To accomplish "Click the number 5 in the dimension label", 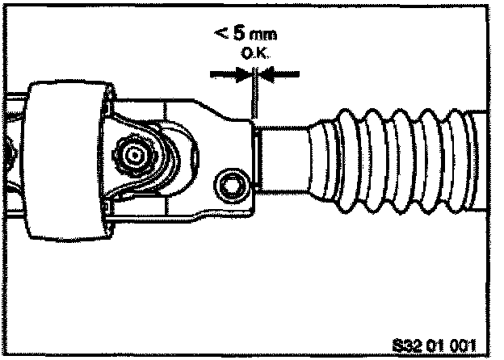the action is coord(228,36).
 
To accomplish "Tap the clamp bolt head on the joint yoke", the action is coord(233,184).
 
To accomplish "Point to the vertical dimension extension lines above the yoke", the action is coord(253,97).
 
